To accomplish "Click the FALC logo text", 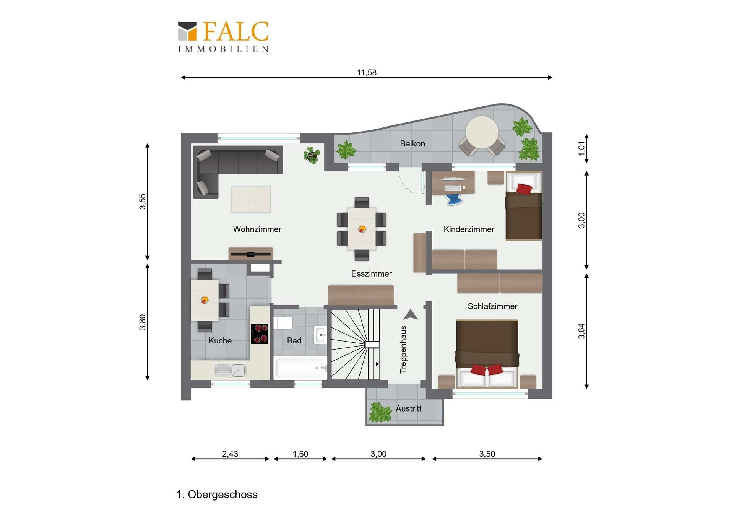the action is tap(235, 31).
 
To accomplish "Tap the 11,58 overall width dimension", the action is tap(367, 72).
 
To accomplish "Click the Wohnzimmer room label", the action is tap(257, 229).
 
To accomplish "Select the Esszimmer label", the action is tap(371, 273).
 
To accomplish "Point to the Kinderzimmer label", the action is tap(469, 229).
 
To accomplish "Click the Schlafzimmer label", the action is tap(492, 306).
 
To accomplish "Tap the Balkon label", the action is tap(412, 143).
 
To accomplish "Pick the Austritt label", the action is tap(408, 408).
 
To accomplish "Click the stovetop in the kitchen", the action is tap(260, 334).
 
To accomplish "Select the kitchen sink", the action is tap(231, 370).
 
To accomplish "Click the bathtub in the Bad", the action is tap(300, 368).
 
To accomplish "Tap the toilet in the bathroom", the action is tap(283, 323).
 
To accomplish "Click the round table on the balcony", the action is tap(482, 132).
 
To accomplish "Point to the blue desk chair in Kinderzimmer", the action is tap(454, 199).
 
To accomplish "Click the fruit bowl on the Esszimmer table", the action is tap(362, 229).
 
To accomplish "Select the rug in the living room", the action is tap(251, 199).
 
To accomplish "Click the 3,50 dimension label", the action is tap(487, 454).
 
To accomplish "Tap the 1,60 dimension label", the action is tap(300, 454).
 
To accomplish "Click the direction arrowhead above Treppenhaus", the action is tap(411, 314).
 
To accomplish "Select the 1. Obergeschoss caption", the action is tap(217, 495).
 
